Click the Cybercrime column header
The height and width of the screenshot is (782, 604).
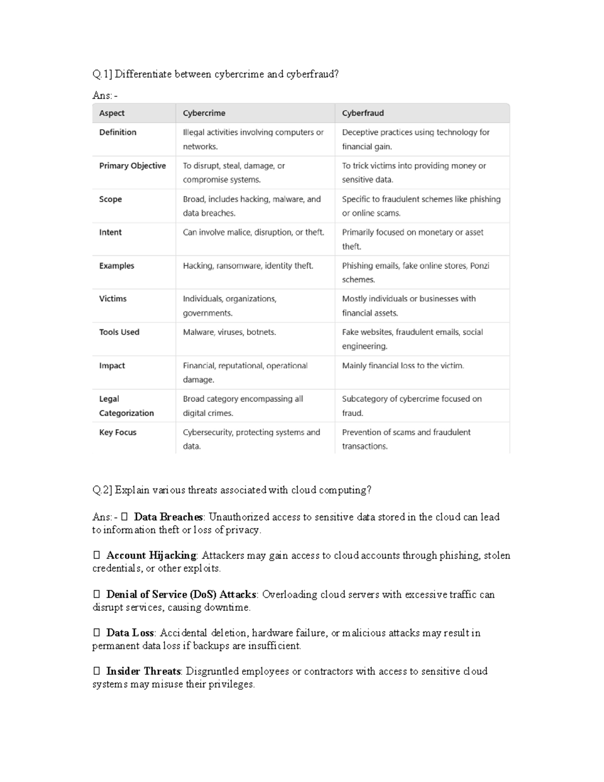(x=204, y=113)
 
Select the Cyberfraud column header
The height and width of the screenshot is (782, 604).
(x=363, y=113)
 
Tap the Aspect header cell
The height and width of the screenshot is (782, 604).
(x=112, y=113)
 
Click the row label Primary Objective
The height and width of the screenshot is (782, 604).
(x=132, y=166)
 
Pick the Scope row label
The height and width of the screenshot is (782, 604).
(x=110, y=199)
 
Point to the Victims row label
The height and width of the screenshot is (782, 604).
(x=113, y=299)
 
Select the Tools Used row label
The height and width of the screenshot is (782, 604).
(x=119, y=332)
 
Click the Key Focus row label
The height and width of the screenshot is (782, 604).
(x=118, y=432)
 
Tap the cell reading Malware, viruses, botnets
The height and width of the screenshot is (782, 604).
(x=229, y=332)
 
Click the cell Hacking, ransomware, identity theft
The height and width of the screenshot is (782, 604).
(x=248, y=266)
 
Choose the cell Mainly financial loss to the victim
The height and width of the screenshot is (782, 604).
(x=403, y=366)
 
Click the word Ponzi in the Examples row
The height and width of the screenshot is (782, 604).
(x=479, y=266)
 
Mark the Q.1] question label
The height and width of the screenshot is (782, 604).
(x=103, y=75)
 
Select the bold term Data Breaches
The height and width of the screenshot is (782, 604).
(x=168, y=517)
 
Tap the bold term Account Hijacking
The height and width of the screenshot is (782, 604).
(x=151, y=555)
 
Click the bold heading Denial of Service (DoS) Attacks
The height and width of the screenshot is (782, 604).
(x=182, y=594)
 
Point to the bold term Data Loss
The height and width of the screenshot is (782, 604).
(x=130, y=633)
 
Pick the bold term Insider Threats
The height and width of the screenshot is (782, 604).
(x=143, y=671)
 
